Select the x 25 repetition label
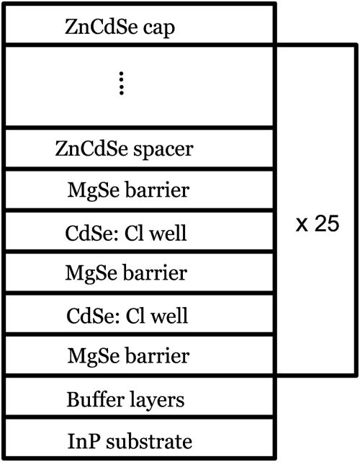318,223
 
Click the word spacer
171,149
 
